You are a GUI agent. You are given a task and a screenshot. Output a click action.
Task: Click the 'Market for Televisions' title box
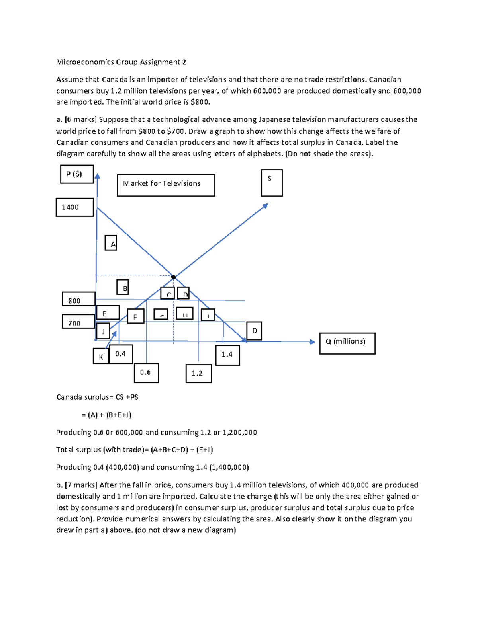click(x=166, y=185)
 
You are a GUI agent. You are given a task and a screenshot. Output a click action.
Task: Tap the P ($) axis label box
click(x=77, y=174)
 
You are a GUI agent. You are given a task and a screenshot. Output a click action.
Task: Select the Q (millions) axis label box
click(x=347, y=343)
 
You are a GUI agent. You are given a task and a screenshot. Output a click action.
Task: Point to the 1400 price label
click(x=74, y=207)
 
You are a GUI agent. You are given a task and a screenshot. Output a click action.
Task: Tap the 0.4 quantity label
click(x=121, y=354)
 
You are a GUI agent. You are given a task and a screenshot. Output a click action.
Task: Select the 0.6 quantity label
click(x=146, y=373)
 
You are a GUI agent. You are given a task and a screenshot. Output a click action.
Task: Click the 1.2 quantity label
click(x=198, y=374)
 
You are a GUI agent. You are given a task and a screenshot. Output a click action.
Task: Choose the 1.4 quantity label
click(x=227, y=355)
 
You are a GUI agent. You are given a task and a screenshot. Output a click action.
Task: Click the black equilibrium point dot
click(x=173, y=277)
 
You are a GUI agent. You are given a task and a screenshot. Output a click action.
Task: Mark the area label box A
click(x=111, y=243)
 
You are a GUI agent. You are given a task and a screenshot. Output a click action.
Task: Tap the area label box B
click(x=122, y=287)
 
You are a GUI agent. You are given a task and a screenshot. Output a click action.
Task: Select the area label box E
click(x=108, y=313)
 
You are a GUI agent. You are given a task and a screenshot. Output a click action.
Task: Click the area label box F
click(x=135, y=316)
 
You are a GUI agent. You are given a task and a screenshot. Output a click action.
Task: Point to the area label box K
click(x=101, y=356)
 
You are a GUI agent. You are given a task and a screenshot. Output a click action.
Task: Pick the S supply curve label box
click(x=272, y=183)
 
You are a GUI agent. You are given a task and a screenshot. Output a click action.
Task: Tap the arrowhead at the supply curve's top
click(x=266, y=205)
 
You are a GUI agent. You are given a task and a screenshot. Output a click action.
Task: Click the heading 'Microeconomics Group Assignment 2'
click(x=121, y=62)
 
